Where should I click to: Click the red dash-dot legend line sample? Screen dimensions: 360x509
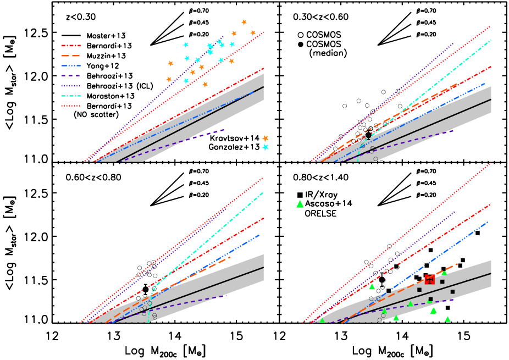[71, 46]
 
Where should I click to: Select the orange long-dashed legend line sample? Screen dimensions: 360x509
[71, 56]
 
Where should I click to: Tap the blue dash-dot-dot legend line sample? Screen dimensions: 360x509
[71, 65]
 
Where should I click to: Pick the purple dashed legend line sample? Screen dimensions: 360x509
[71, 75]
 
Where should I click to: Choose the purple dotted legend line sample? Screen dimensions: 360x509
[71, 86]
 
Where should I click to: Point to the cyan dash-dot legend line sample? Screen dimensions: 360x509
[71, 96]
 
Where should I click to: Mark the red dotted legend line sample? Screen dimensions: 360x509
[71, 106]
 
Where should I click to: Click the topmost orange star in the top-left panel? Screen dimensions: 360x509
[244, 22]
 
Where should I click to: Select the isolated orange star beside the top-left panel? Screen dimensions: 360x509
[265, 139]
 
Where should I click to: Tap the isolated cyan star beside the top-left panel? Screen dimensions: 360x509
[265, 147]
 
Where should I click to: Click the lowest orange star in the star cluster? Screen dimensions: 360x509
[205, 84]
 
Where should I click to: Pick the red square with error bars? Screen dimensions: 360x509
[429, 279]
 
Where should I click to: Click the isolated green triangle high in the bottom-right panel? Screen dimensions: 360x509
[300, 204]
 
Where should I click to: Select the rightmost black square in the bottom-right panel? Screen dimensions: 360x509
[452, 292]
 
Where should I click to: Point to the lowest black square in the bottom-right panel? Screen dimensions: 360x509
[430, 299]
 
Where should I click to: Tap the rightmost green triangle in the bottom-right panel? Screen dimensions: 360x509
[447, 319]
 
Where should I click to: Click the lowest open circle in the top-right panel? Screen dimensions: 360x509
[375, 159]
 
